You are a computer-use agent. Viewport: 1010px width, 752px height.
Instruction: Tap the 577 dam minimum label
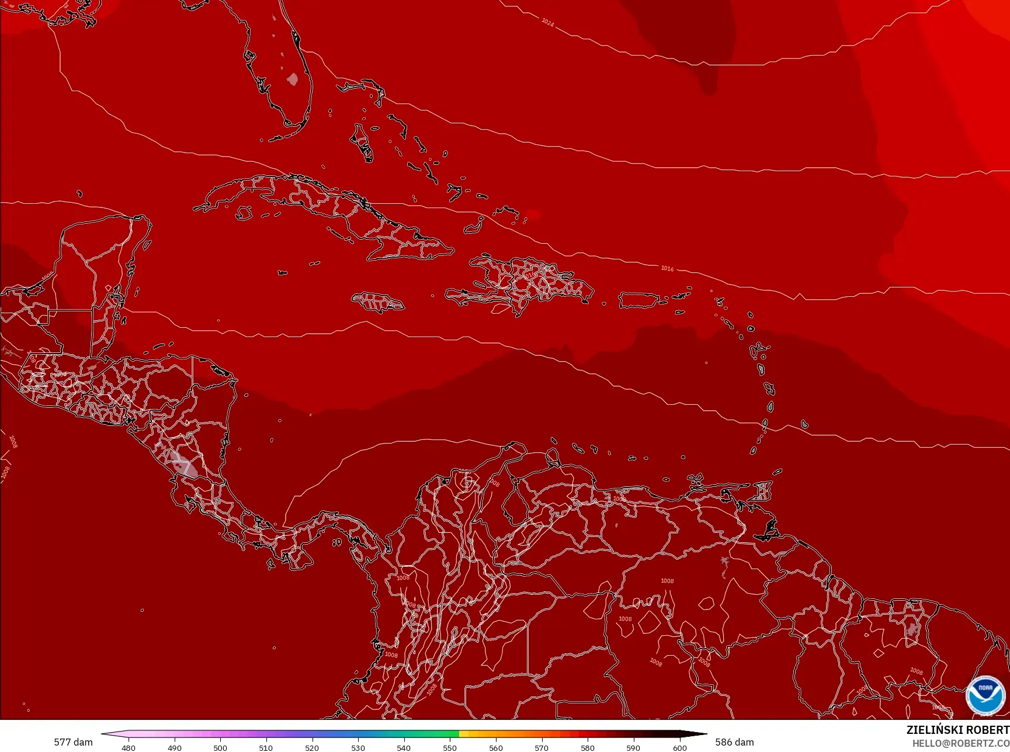tap(73, 742)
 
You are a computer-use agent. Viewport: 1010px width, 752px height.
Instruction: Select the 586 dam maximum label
tap(734, 742)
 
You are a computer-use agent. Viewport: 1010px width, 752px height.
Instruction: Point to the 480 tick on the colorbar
tap(129, 747)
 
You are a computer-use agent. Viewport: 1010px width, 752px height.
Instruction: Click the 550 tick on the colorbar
tap(449, 747)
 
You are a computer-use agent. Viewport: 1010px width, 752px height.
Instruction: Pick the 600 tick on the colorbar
tap(679, 747)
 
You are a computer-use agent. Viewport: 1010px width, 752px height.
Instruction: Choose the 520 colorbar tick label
tap(312, 747)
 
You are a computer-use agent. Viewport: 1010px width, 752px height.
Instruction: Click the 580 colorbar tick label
tap(588, 747)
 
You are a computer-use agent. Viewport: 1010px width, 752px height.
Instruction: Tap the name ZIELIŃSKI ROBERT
tap(957, 730)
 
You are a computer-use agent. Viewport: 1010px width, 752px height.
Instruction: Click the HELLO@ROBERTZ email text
tap(960, 743)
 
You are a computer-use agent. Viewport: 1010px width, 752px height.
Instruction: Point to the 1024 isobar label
tap(547, 22)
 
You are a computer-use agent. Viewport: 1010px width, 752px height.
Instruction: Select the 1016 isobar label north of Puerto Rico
tap(667, 268)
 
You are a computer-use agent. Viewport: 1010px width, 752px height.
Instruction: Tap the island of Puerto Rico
tap(638, 300)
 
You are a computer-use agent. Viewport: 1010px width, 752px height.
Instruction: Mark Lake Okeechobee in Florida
tap(293, 78)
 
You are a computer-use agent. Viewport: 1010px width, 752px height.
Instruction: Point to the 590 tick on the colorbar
tap(633, 747)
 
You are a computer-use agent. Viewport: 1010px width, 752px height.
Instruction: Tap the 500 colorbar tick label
tap(220, 747)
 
